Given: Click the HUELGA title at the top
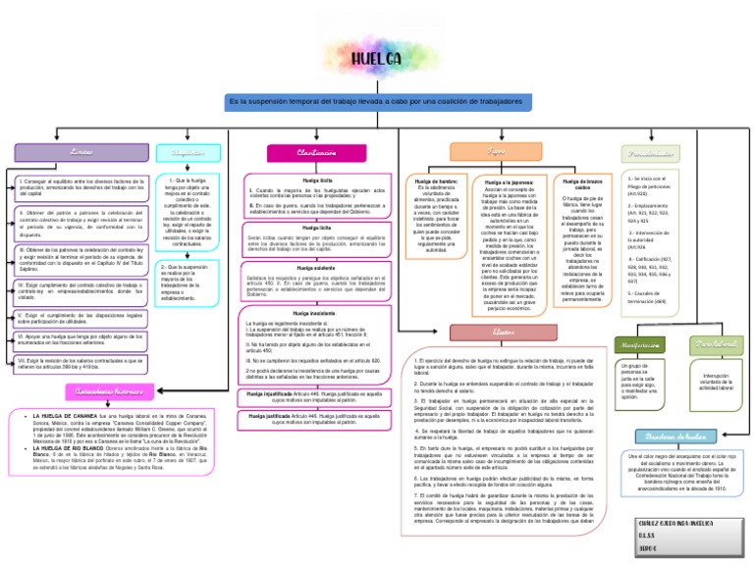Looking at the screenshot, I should (x=377, y=62).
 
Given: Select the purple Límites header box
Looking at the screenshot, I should (x=55, y=152).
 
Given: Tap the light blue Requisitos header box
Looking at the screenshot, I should (x=189, y=152).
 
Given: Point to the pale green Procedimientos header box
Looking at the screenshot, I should (x=650, y=153).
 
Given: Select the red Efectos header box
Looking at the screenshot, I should (x=504, y=333).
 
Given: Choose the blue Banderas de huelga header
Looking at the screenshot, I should (x=676, y=437).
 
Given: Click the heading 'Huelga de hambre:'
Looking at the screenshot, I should (x=437, y=183).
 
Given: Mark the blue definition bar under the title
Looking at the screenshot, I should (x=376, y=101).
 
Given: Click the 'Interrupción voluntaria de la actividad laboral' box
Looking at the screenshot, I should (x=715, y=383).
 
